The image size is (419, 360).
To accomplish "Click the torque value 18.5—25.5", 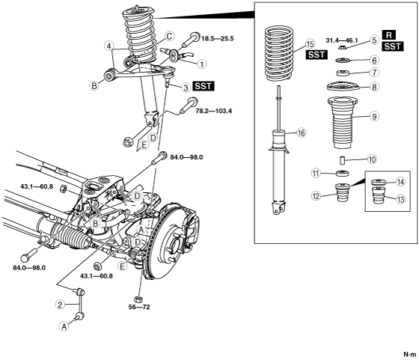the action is [x=218, y=38].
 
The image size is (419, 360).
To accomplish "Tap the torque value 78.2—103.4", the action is [x=214, y=111].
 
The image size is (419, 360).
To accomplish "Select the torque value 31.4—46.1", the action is [x=342, y=40].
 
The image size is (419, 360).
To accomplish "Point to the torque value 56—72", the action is [x=139, y=307].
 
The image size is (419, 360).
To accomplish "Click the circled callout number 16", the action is [x=301, y=132].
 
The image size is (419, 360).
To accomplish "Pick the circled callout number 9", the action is [x=374, y=116].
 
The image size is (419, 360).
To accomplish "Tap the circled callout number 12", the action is [x=316, y=196].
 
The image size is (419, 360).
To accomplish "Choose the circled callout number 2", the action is [x=61, y=305].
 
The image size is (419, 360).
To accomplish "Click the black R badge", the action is [x=389, y=35].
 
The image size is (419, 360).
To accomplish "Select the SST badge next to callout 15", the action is [x=316, y=55].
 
